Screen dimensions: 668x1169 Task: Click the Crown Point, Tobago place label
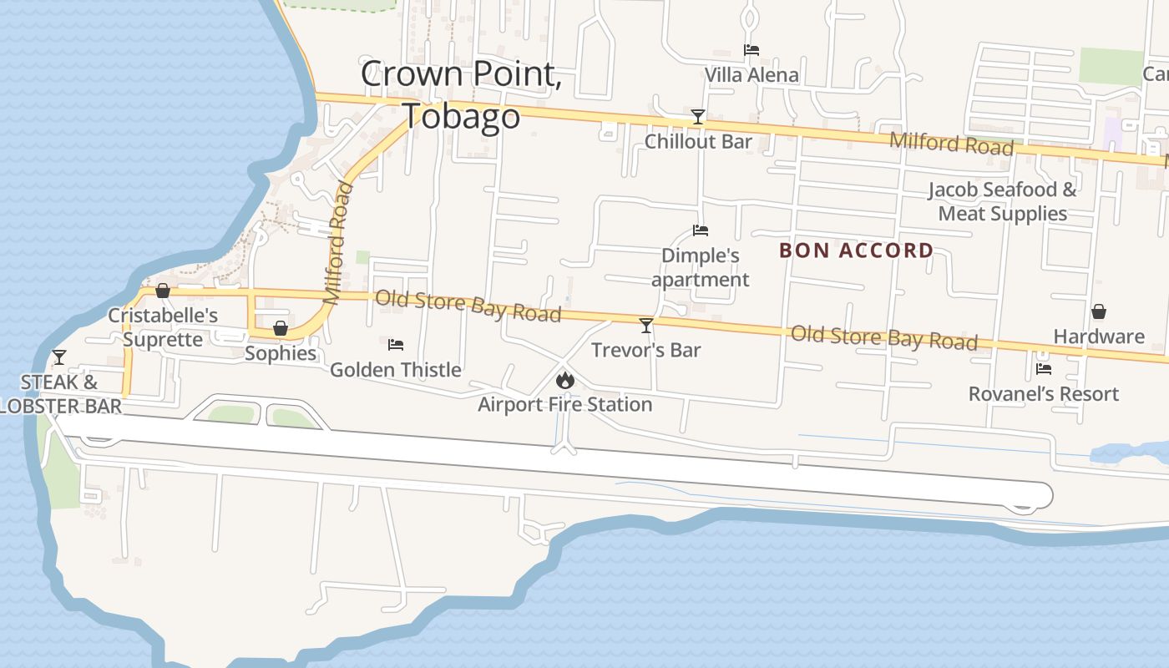[461, 94]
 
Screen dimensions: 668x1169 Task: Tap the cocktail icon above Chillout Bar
[698, 116]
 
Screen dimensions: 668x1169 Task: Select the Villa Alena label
[751, 75]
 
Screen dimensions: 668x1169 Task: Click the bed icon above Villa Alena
[751, 50]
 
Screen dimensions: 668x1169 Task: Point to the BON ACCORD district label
[856, 250]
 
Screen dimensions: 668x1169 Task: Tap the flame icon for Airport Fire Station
[565, 381]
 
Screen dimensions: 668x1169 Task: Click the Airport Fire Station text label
[565, 405]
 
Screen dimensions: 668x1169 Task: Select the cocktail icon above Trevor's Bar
[645, 325]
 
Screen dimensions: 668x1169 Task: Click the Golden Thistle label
[396, 369]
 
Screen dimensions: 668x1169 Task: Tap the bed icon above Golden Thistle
[396, 344]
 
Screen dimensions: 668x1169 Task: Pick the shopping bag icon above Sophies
[281, 327]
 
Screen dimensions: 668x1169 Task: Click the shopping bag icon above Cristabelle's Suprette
[163, 291]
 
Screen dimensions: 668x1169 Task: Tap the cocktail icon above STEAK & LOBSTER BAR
[58, 357]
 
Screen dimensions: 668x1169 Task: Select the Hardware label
[1099, 337]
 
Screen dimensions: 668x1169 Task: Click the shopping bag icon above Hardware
[1099, 311]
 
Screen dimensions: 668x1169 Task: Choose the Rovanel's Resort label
[1044, 393]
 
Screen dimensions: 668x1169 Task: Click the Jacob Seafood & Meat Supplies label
[1002, 201]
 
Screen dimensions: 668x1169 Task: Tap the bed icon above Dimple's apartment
[700, 230]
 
